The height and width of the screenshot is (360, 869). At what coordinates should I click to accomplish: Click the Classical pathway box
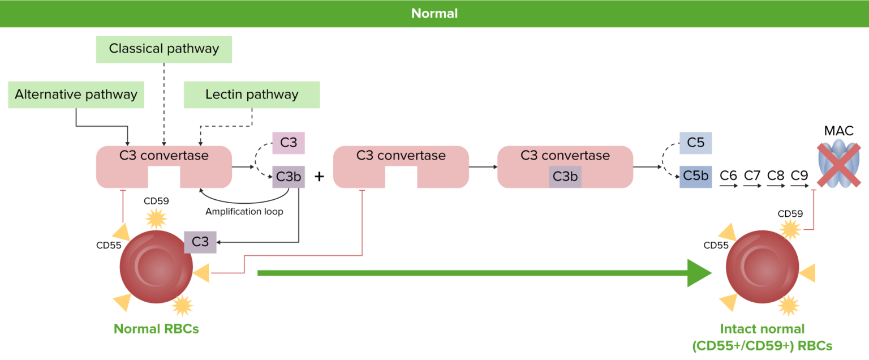(164, 49)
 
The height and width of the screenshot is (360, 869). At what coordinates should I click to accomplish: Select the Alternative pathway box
(76, 95)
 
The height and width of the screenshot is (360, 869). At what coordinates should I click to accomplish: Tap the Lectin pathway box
(252, 95)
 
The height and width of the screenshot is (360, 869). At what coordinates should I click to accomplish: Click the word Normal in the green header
(434, 13)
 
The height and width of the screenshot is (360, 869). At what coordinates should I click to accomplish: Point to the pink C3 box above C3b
(289, 143)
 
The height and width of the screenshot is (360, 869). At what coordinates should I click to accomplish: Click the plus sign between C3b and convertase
(319, 176)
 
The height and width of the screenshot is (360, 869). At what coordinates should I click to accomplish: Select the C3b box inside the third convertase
(565, 177)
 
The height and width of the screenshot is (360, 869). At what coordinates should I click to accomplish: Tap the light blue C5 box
(695, 143)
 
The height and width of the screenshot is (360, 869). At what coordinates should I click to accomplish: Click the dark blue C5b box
(695, 176)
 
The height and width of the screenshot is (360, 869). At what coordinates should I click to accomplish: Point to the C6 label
(728, 175)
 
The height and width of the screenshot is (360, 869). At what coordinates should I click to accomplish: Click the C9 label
(799, 175)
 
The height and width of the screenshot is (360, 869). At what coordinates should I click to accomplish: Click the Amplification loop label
(244, 211)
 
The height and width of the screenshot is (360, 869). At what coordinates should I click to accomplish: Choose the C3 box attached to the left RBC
(200, 242)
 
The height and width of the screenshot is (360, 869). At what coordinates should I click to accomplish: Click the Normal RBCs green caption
(156, 329)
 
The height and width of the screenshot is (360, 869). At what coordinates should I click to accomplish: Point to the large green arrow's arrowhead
(699, 273)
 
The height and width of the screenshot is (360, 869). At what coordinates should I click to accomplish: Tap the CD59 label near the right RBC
(790, 213)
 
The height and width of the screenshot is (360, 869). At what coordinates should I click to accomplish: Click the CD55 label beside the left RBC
(109, 245)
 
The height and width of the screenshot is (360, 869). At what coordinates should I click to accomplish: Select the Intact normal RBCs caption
(762, 337)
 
